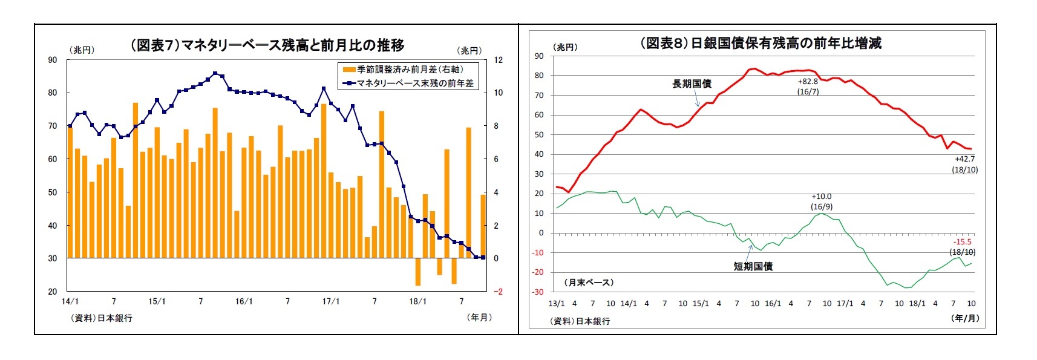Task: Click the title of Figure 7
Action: (267, 45)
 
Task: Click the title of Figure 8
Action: (760, 43)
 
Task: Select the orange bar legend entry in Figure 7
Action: (403, 70)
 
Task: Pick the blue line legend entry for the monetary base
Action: (409, 83)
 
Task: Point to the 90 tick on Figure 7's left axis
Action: (53, 60)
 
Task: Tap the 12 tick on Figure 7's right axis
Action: (498, 60)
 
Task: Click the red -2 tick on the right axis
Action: (498, 292)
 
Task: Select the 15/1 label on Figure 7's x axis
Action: (157, 301)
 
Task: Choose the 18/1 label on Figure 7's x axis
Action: (417, 301)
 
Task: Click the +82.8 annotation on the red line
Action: (808, 82)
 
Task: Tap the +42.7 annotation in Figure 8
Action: (964, 159)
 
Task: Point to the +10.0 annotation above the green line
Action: (821, 197)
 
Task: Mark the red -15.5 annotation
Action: (962, 242)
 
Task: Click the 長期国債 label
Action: (692, 83)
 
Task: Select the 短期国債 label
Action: (753, 266)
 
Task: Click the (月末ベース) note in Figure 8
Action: (589, 283)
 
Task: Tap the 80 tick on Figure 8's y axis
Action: (539, 76)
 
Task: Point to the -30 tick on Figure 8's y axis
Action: (538, 292)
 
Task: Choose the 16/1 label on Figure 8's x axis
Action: (773, 304)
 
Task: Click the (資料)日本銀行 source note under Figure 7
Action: (101, 318)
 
